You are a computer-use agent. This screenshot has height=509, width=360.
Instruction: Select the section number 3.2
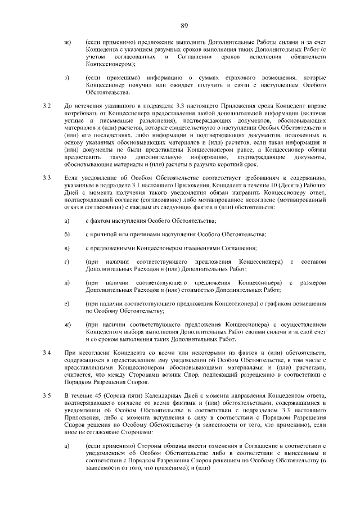click(47, 105)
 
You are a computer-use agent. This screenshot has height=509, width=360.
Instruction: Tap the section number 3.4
click(47, 352)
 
